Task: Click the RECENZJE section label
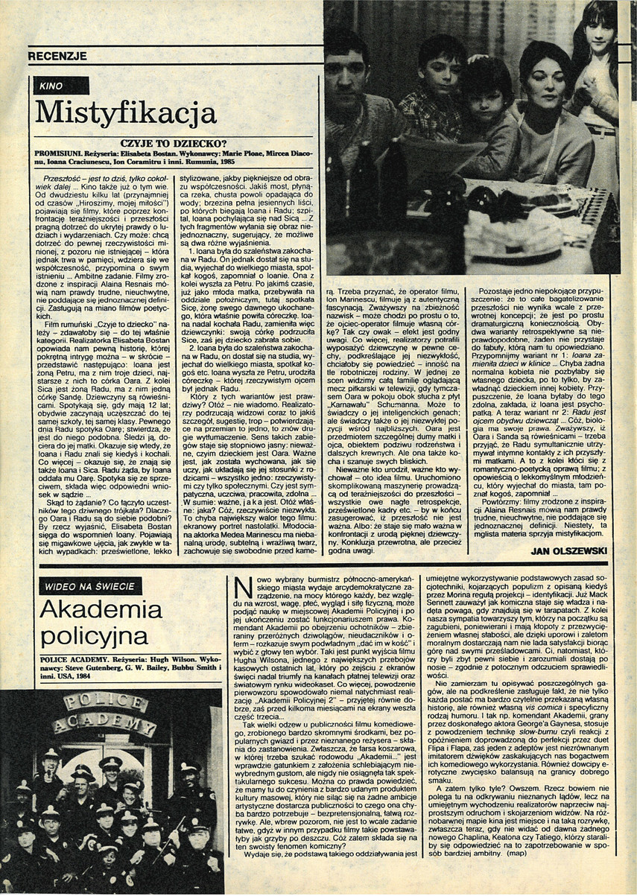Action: point(57,56)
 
